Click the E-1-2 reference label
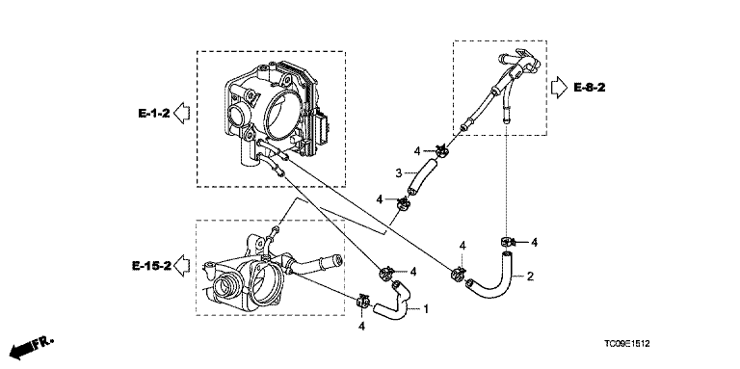(153, 114)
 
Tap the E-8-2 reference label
(590, 88)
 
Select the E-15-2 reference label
(151, 266)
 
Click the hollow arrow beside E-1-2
(182, 114)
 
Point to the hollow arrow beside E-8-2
(560, 88)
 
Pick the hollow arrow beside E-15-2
(182, 266)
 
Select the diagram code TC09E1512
(626, 344)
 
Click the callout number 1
(426, 309)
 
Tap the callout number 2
(530, 277)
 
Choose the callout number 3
(398, 173)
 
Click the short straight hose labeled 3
(422, 176)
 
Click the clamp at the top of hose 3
(441, 151)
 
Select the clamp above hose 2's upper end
(507, 242)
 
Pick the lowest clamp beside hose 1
(363, 302)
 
